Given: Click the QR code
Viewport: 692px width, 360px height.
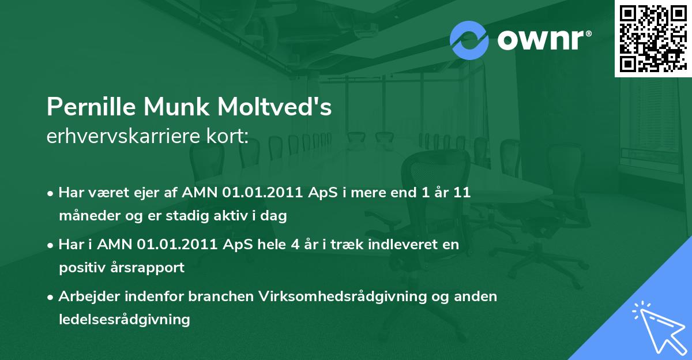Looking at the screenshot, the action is pyautogui.click(x=653, y=38).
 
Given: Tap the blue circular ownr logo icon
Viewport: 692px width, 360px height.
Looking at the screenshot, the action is pyautogui.click(x=469, y=40).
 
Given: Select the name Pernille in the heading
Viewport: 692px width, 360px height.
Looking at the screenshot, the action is pyautogui.click(x=91, y=107).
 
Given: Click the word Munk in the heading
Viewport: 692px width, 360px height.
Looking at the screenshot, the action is pyautogui.click(x=176, y=107).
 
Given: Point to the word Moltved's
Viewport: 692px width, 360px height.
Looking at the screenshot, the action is pyautogui.click(x=274, y=107).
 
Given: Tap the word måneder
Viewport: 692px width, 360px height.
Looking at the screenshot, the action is pyautogui.click(x=89, y=215).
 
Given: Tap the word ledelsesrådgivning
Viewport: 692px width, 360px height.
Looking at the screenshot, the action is pyautogui.click(x=125, y=320).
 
